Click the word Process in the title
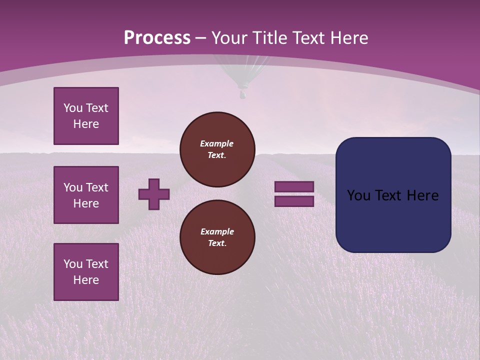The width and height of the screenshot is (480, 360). (x=157, y=38)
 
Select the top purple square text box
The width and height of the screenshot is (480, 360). (x=86, y=116)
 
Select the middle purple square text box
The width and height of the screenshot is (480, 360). (x=86, y=195)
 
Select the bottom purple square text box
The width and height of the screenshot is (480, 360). (x=86, y=272)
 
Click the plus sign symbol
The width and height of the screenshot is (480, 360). (x=154, y=194)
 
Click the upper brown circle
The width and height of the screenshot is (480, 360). (x=217, y=149)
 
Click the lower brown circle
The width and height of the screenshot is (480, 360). (x=217, y=237)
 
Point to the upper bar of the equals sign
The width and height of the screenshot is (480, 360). (x=294, y=186)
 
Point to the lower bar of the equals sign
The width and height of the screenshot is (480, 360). (x=294, y=201)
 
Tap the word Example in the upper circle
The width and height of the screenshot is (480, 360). (x=216, y=143)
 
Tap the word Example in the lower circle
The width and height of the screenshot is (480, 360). (x=217, y=231)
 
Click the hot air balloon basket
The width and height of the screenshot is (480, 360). (x=242, y=93)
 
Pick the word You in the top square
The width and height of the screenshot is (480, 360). (x=73, y=108)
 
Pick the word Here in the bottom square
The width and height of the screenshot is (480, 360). (x=86, y=280)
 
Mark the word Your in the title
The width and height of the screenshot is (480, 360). (x=229, y=38)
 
